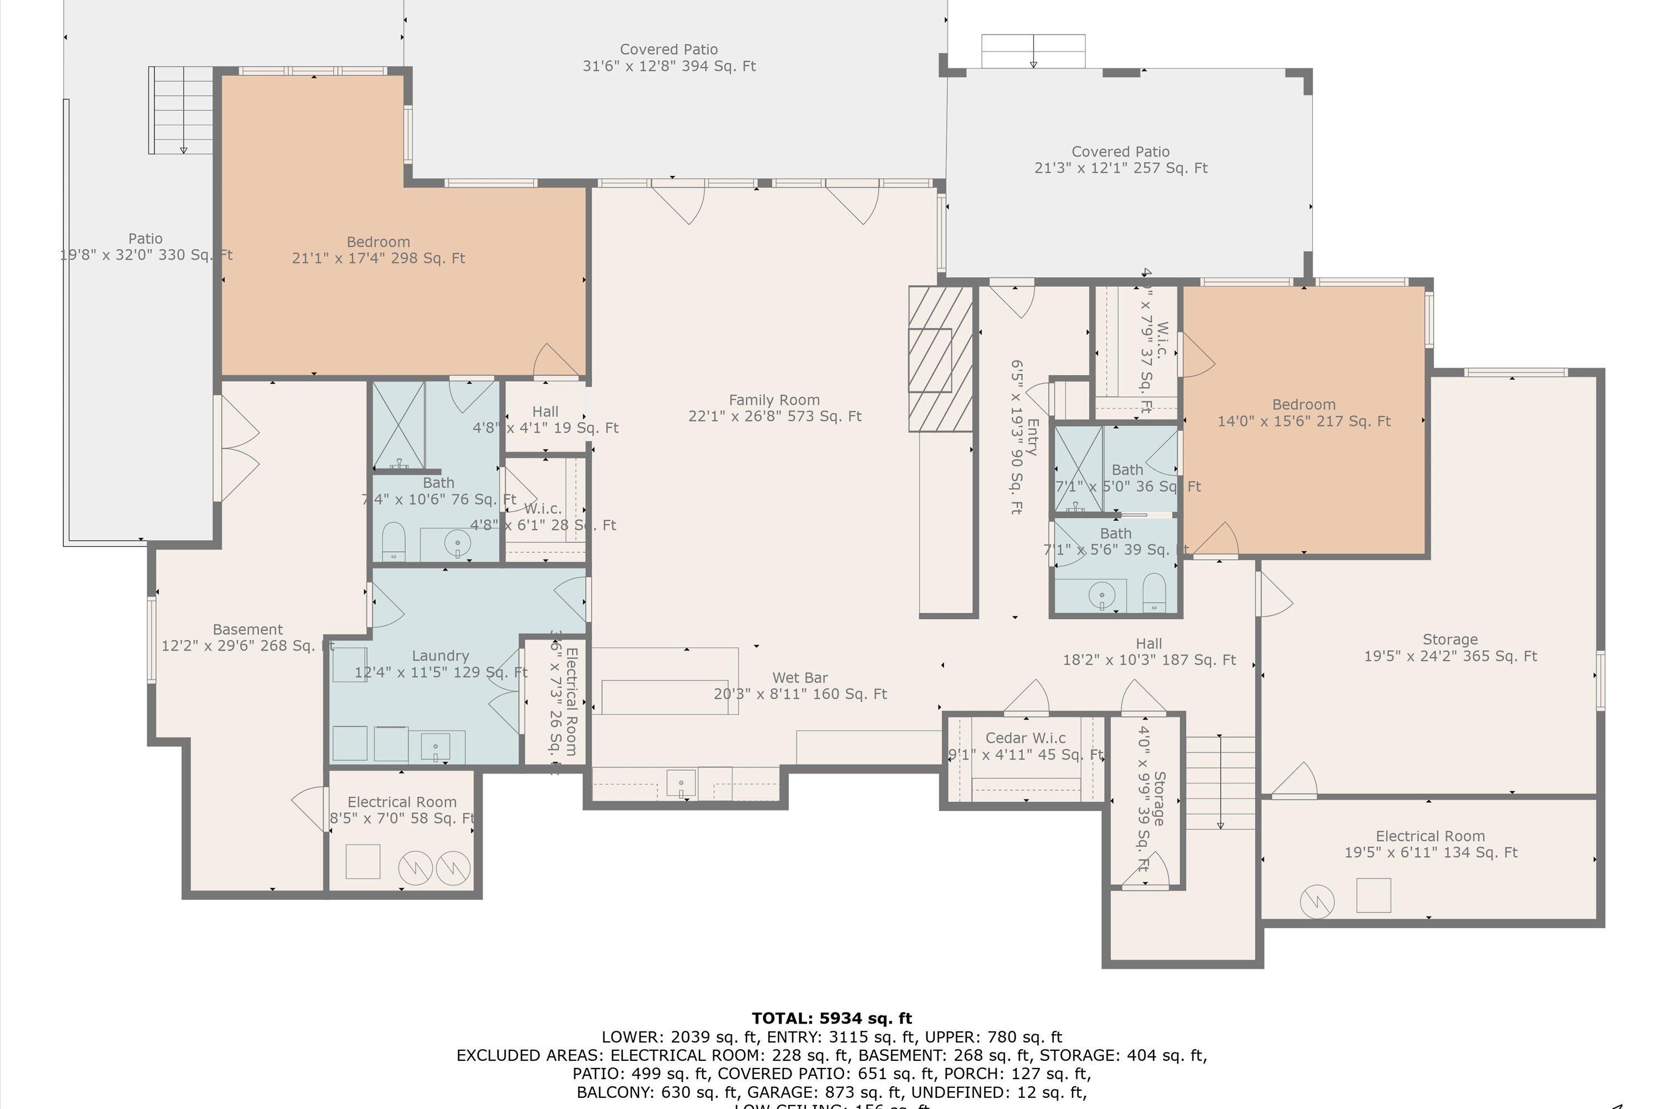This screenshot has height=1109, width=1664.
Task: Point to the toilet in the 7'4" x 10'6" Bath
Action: click(x=393, y=541)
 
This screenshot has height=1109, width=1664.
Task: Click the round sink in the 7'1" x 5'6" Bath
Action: click(x=1102, y=595)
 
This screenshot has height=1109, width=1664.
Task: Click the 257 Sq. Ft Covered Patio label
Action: click(x=1120, y=160)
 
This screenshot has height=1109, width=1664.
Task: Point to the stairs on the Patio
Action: click(x=182, y=110)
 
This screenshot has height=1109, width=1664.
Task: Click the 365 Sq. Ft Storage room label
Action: click(x=1450, y=648)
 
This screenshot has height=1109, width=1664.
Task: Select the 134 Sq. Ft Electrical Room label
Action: click(x=1430, y=845)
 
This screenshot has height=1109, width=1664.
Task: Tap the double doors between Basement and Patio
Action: click(x=239, y=447)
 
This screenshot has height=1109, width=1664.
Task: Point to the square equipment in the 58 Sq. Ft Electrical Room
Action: click(x=363, y=862)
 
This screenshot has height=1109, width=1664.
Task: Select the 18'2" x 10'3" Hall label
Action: click(x=1148, y=652)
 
